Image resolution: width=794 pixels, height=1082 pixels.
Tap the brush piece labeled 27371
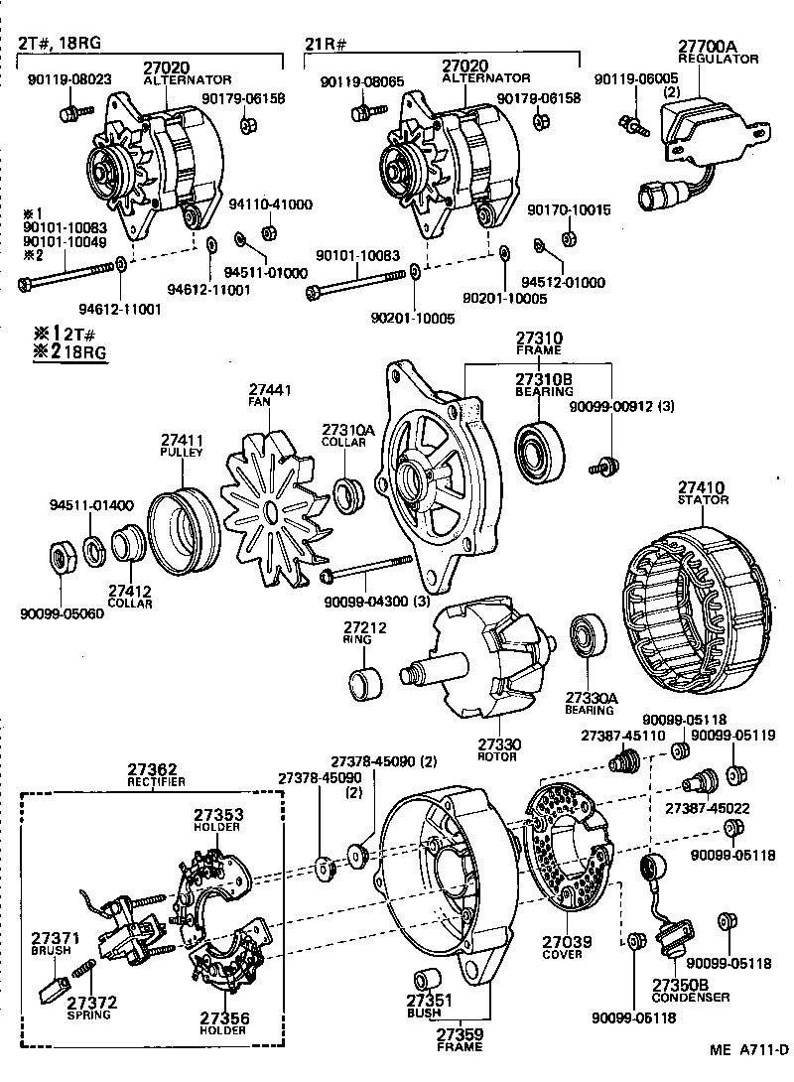(51, 988)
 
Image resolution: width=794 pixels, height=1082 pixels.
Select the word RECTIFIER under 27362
(156, 782)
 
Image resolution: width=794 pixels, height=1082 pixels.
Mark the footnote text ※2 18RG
(70, 351)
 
